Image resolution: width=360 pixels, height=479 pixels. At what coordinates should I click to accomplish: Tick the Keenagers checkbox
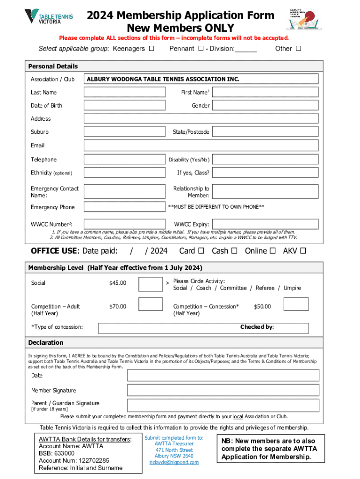pos(151,49)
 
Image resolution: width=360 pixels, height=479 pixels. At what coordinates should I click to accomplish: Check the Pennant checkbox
pos(201,49)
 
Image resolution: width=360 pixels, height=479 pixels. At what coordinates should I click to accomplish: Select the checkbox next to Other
pos(298,49)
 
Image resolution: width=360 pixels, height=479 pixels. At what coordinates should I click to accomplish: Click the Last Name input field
pos(124,92)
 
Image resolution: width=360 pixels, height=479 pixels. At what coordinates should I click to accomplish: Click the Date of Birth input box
pos(124,105)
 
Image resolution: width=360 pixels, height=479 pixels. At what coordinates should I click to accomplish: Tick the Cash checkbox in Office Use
pos(234,251)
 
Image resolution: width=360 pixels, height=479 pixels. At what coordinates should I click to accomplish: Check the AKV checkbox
pos(303,251)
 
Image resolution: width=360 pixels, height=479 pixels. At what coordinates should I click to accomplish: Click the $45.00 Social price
pos(117,283)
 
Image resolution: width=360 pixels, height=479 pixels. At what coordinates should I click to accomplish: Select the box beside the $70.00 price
pos(151,305)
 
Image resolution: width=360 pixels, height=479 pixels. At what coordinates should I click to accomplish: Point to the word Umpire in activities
pos(292,288)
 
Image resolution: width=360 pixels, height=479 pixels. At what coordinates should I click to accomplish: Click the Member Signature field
pos(223,390)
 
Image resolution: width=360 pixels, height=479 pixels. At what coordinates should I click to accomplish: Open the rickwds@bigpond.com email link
pos(174,462)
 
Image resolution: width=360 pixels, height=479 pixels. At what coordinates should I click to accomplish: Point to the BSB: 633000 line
pos(57,453)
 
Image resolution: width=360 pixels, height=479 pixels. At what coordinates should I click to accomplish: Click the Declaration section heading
pos(46,342)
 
